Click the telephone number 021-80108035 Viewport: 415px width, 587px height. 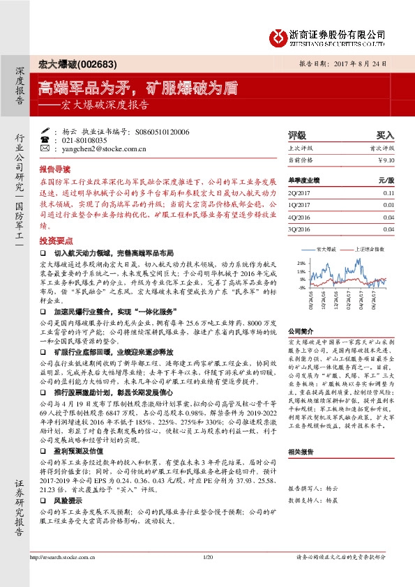coord(84,140)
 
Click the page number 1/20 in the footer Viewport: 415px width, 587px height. coord(207,576)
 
